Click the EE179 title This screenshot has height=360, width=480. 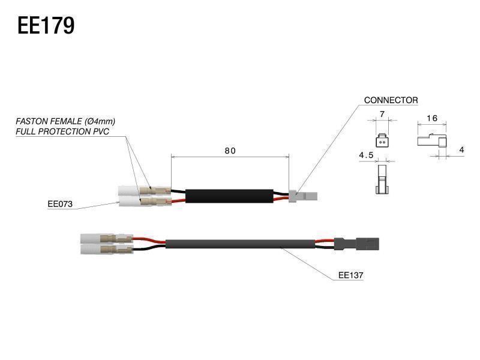46,26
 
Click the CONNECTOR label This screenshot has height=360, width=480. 391,100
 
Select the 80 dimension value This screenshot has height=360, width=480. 230,151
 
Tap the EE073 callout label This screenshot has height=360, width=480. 60,204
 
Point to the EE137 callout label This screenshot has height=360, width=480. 352,275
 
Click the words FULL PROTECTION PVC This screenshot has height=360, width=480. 62,131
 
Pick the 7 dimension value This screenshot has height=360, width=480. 382,115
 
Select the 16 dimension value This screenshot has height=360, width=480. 431,118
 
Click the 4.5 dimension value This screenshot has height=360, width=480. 366,155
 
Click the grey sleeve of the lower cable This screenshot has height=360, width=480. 240,244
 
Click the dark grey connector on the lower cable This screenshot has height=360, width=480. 357,244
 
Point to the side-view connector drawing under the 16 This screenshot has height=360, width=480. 431,142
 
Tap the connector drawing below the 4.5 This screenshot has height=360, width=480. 381,180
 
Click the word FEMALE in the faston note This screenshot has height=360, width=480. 68,121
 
